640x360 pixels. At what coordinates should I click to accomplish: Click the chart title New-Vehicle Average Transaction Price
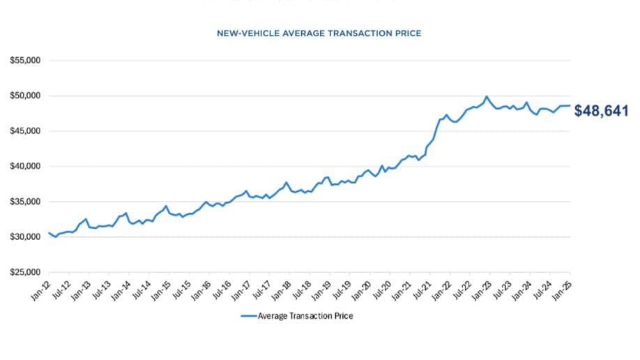coord(319,33)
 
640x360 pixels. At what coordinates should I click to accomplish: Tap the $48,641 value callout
coord(601,111)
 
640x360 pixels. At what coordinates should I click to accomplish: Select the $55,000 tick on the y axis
coord(26,60)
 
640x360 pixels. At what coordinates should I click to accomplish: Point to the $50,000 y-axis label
coord(26,96)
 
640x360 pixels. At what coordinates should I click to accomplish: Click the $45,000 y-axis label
coord(26,131)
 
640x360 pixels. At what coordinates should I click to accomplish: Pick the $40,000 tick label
coord(26,167)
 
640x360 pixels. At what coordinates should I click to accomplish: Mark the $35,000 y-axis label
coord(26,202)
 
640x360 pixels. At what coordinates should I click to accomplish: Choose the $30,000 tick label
coord(26,237)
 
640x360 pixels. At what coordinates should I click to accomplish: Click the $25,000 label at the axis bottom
coord(26,273)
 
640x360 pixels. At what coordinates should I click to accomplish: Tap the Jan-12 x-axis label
coord(40,288)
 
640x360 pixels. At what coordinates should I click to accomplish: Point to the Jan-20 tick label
coord(361,288)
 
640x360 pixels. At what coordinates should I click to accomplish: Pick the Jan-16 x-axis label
coord(201,288)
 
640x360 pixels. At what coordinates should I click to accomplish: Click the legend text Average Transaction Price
coord(305,315)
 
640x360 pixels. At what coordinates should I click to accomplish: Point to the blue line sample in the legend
coord(249,315)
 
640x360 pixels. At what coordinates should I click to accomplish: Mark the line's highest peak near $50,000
coord(487,97)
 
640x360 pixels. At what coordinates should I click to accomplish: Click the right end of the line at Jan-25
coord(570,106)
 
